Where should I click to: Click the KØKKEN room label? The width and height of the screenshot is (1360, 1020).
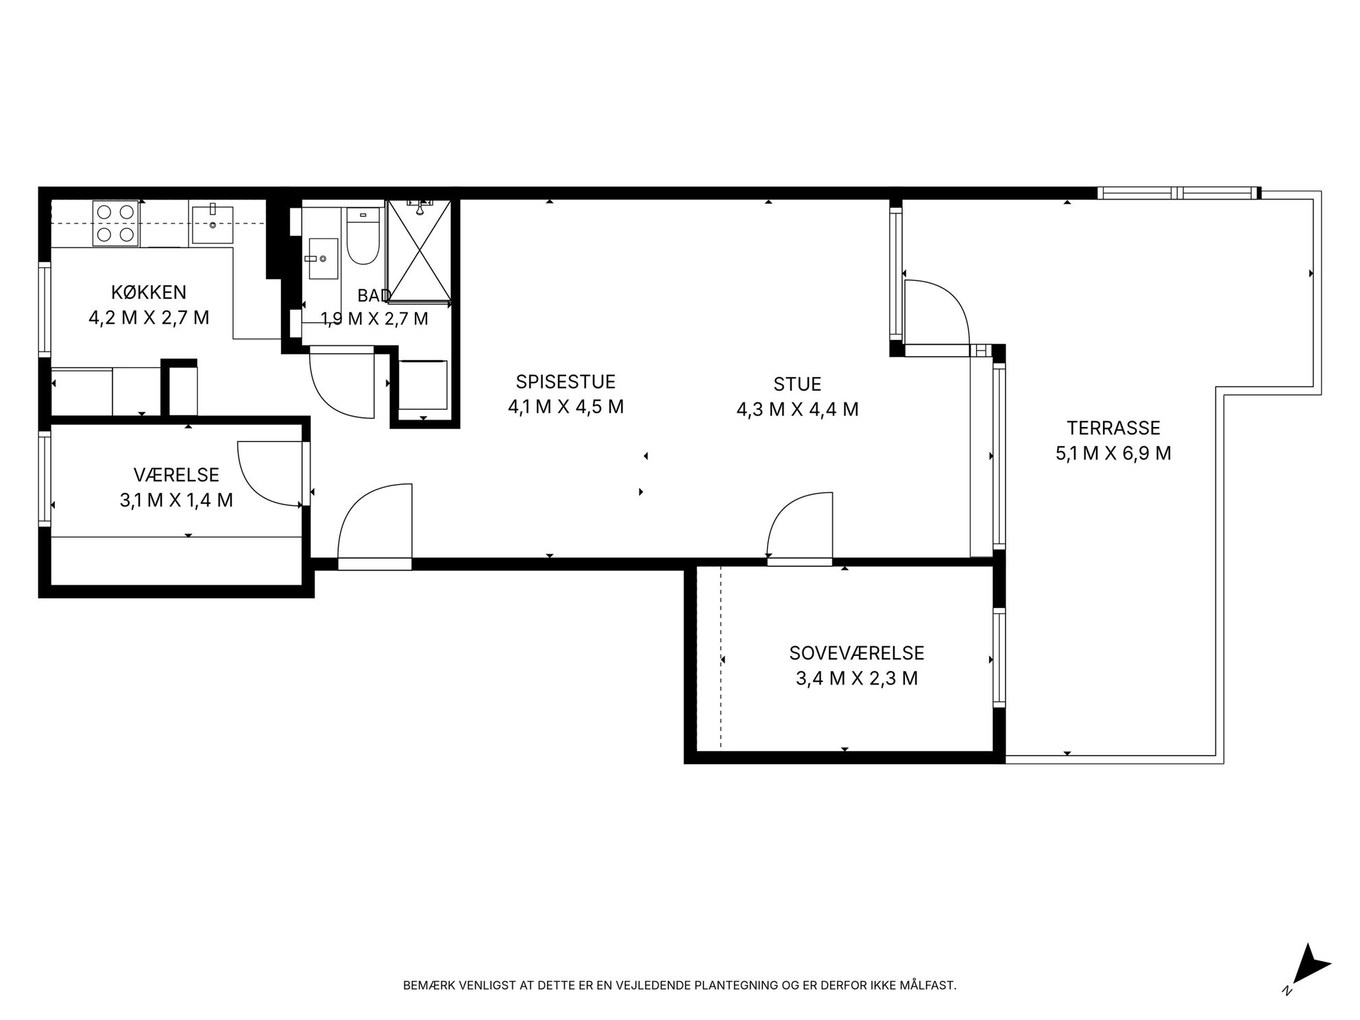(149, 292)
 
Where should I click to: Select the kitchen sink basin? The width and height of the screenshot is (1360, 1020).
(212, 223)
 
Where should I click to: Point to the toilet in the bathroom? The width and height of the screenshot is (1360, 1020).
(363, 236)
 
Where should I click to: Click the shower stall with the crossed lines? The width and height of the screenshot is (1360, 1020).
(419, 251)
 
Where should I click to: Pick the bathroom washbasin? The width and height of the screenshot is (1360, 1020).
(323, 258)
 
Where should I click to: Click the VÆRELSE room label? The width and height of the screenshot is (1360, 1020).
(176, 474)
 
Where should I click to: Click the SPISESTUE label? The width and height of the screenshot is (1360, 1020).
(566, 381)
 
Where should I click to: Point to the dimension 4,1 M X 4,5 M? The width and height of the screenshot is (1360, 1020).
(566, 406)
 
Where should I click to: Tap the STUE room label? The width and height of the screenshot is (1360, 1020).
(797, 384)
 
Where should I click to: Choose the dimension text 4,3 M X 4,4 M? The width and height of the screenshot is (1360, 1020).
(797, 409)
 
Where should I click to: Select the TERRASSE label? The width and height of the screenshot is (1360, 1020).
(1113, 428)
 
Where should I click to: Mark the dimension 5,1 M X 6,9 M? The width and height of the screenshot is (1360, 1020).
(1113, 453)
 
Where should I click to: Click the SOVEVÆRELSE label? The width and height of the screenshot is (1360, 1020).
(857, 653)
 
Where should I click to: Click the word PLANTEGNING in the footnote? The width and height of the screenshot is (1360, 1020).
(737, 985)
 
